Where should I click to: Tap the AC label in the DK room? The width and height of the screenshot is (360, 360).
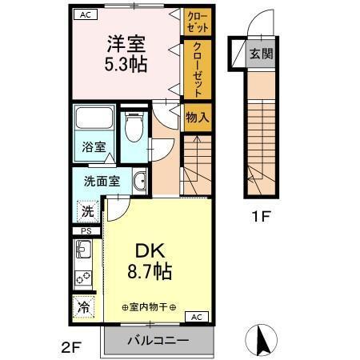[x=197, y=318]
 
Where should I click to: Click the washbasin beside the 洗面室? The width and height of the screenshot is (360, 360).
[x=139, y=180]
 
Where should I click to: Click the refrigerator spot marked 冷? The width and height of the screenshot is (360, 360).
[x=83, y=306]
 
